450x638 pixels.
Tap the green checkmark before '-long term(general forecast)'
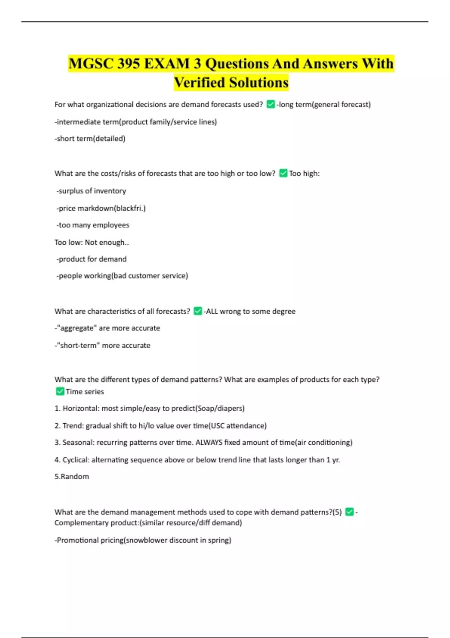pyautogui.click(x=270, y=104)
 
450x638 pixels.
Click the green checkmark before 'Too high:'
pyautogui.click(x=283, y=173)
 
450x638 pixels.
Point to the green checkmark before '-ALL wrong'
pyautogui.click(x=198, y=311)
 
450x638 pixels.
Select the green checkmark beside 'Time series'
pyautogui.click(x=60, y=391)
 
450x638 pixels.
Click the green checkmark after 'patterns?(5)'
pyautogui.click(x=349, y=512)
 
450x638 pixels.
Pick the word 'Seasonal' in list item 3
pyautogui.click(x=78, y=442)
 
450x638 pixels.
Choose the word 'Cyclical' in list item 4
pyautogui.click(x=75, y=460)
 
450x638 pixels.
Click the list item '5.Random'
pyautogui.click(x=72, y=477)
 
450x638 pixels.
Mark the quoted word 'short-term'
pyautogui.click(x=78, y=345)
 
